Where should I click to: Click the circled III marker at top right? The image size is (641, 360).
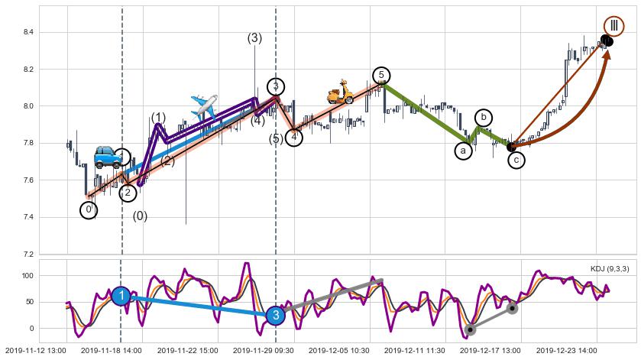(613, 26)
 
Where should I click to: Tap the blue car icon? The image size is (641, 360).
(108, 156)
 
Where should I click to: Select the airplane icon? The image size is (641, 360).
(204, 105)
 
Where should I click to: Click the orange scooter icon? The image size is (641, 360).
(339, 92)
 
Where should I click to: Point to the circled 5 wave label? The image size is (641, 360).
(380, 75)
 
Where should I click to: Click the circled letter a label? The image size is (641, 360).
(464, 151)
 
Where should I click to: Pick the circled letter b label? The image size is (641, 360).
(484, 118)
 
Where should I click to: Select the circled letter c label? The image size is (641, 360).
(516, 160)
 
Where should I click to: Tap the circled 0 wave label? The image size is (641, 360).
(89, 209)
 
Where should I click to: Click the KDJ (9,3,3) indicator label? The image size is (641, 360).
(608, 268)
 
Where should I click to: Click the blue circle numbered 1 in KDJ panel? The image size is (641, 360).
(121, 296)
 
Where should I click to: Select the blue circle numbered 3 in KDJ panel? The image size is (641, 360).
(276, 315)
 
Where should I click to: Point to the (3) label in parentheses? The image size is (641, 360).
(254, 38)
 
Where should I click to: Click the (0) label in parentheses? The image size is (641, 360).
(140, 216)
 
